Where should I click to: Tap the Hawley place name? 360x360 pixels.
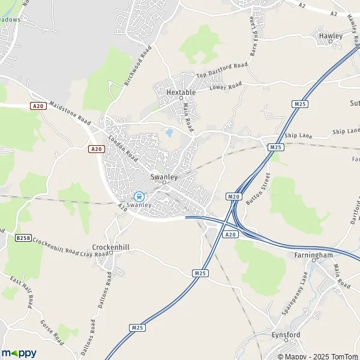[330, 36]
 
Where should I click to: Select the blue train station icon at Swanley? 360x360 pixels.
[139, 196]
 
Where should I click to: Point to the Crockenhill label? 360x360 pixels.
[107, 247]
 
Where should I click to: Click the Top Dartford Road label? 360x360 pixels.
[222, 70]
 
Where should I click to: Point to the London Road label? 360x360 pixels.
[124, 148]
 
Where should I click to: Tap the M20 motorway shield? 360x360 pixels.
[233, 196]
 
